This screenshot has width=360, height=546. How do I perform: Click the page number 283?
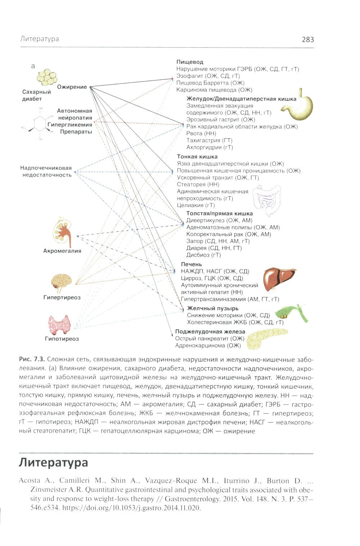coord(308,40)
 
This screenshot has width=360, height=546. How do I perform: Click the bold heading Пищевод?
coord(190,62)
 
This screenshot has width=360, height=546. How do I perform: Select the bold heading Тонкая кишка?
coord(197,157)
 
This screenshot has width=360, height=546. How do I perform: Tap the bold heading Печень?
coord(192,265)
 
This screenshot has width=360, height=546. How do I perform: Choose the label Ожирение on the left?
coord(72,87)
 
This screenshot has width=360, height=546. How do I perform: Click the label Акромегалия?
coord(62,251)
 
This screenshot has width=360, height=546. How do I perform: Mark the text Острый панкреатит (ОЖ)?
coord(210,339)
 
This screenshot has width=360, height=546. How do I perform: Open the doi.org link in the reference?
coord(148,508)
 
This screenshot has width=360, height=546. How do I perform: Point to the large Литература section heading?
coord(53,462)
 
